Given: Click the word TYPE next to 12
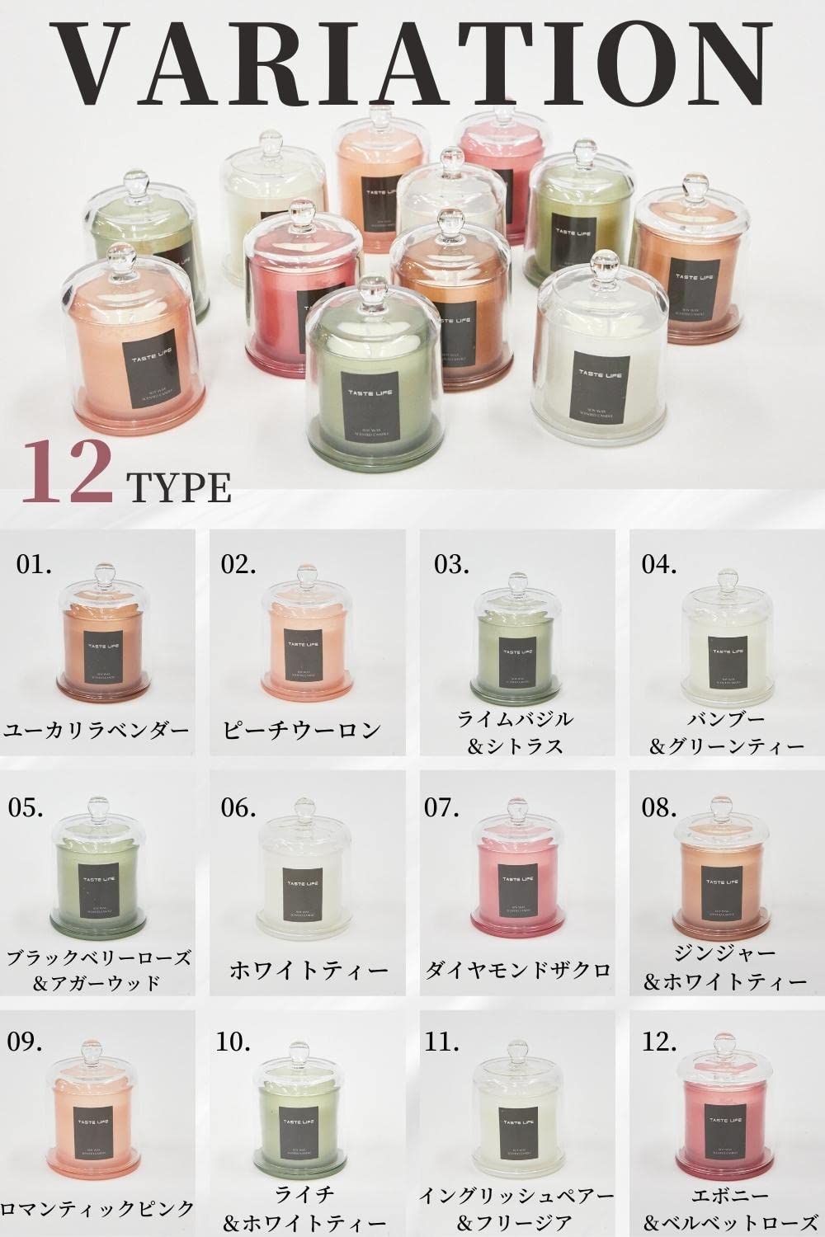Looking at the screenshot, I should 178,487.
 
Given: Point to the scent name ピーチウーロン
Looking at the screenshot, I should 302,730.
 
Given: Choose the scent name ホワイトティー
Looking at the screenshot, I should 308,970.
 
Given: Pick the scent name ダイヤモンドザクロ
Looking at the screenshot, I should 517,970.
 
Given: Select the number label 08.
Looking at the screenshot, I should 659,807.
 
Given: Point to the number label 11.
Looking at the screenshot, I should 442,1042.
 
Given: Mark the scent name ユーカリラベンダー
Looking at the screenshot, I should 97,730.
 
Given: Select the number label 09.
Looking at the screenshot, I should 25,1042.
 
